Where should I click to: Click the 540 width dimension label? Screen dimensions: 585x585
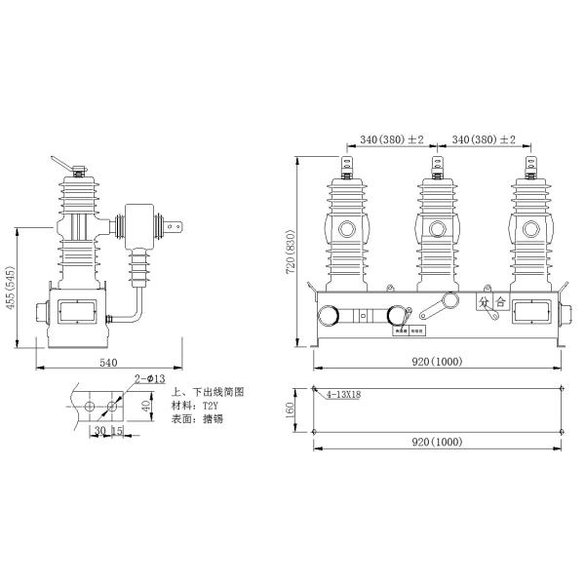pos(107,362)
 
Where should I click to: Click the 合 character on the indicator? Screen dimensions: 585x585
pos(500,302)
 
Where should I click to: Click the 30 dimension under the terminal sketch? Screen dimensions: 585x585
pos(98,431)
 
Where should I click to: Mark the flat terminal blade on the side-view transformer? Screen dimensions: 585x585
pos(175,231)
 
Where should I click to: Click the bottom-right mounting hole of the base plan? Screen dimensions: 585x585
pos(564,432)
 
